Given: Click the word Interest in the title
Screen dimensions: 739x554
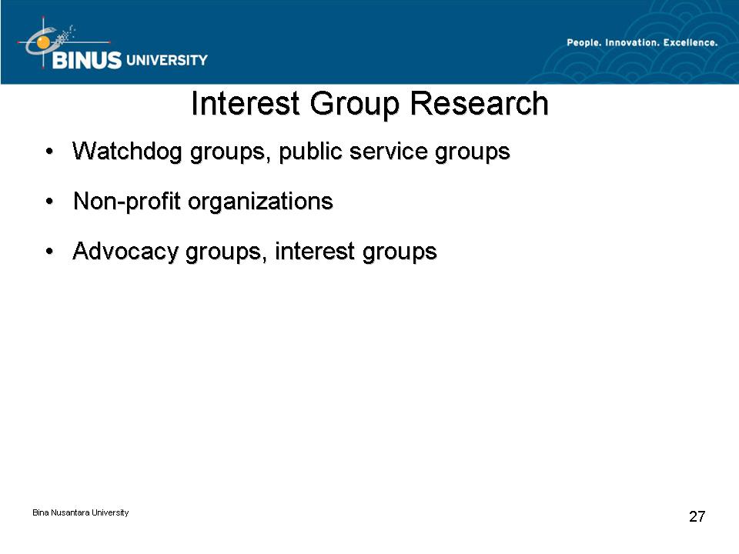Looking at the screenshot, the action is tap(245, 103).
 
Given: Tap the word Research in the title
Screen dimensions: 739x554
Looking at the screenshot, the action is tap(480, 103).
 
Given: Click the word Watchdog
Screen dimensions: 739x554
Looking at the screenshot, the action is tap(127, 152).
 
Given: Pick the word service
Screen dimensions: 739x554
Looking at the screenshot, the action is tap(388, 152).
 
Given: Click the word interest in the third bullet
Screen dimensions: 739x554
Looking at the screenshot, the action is tap(314, 251).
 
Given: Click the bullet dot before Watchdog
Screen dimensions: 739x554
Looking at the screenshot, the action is tap(49, 152).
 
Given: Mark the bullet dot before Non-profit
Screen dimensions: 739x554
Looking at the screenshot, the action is tap(49, 202).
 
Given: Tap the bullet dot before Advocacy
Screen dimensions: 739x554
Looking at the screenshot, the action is tap(49, 252).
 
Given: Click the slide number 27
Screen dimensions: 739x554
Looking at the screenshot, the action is tap(697, 516).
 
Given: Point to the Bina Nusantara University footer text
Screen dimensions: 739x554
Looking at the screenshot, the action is tap(81, 512).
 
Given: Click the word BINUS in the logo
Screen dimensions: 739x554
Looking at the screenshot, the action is tap(87, 60).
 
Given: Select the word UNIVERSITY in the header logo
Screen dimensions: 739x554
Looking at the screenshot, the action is tap(167, 60).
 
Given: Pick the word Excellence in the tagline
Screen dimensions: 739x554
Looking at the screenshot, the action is tap(691, 42).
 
